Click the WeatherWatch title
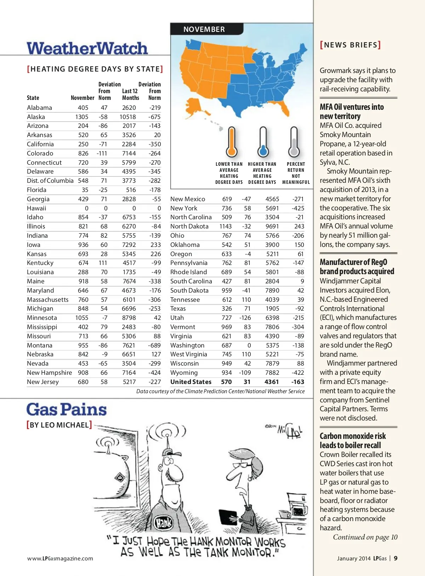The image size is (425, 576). pos(87,49)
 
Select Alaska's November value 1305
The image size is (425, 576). pos(82,117)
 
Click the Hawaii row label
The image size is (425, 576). pos(36,208)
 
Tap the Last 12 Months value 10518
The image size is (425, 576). pos(127,117)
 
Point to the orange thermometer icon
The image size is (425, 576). pos(232,142)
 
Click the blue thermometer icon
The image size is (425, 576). pos(263,142)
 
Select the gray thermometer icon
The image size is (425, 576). pos(294,142)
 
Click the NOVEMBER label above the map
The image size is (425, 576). pos(204,29)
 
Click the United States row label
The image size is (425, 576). pos(191,382)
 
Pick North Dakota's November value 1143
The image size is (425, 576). pos(225,226)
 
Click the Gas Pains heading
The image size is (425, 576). pos(67,410)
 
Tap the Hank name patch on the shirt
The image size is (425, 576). pos(164,523)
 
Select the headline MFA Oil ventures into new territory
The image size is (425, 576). pos(352,112)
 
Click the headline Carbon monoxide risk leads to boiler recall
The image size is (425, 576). pos(353,441)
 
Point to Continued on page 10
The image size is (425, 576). pos(365,537)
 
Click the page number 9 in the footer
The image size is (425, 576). pos(396,558)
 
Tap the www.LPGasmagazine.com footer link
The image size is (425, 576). pos(60,559)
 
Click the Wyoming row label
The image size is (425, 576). pos(184,373)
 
